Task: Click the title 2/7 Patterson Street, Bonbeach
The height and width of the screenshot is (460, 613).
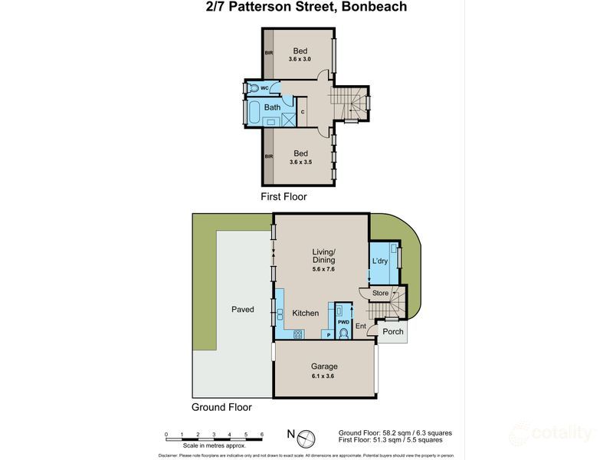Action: [306, 7]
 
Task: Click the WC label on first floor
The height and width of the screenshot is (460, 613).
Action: [264, 88]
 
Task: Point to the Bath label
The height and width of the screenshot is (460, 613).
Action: [272, 107]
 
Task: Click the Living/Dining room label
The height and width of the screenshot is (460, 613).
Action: [323, 258]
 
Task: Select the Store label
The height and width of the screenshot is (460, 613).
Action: [380, 294]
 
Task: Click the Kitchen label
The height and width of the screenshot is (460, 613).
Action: [304, 313]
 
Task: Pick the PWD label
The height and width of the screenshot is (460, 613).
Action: [343, 322]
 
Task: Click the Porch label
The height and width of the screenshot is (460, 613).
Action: [393, 332]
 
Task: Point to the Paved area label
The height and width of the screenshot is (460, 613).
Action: [243, 309]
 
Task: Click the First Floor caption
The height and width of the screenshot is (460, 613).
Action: [284, 197]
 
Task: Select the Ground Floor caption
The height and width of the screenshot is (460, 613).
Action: [221, 408]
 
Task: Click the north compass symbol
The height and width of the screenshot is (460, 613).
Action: [304, 437]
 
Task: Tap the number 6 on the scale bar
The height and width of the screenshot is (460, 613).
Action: [262, 435]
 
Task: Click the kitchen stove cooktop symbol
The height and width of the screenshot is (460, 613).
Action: [298, 333]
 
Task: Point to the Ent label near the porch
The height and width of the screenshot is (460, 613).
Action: [360, 327]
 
